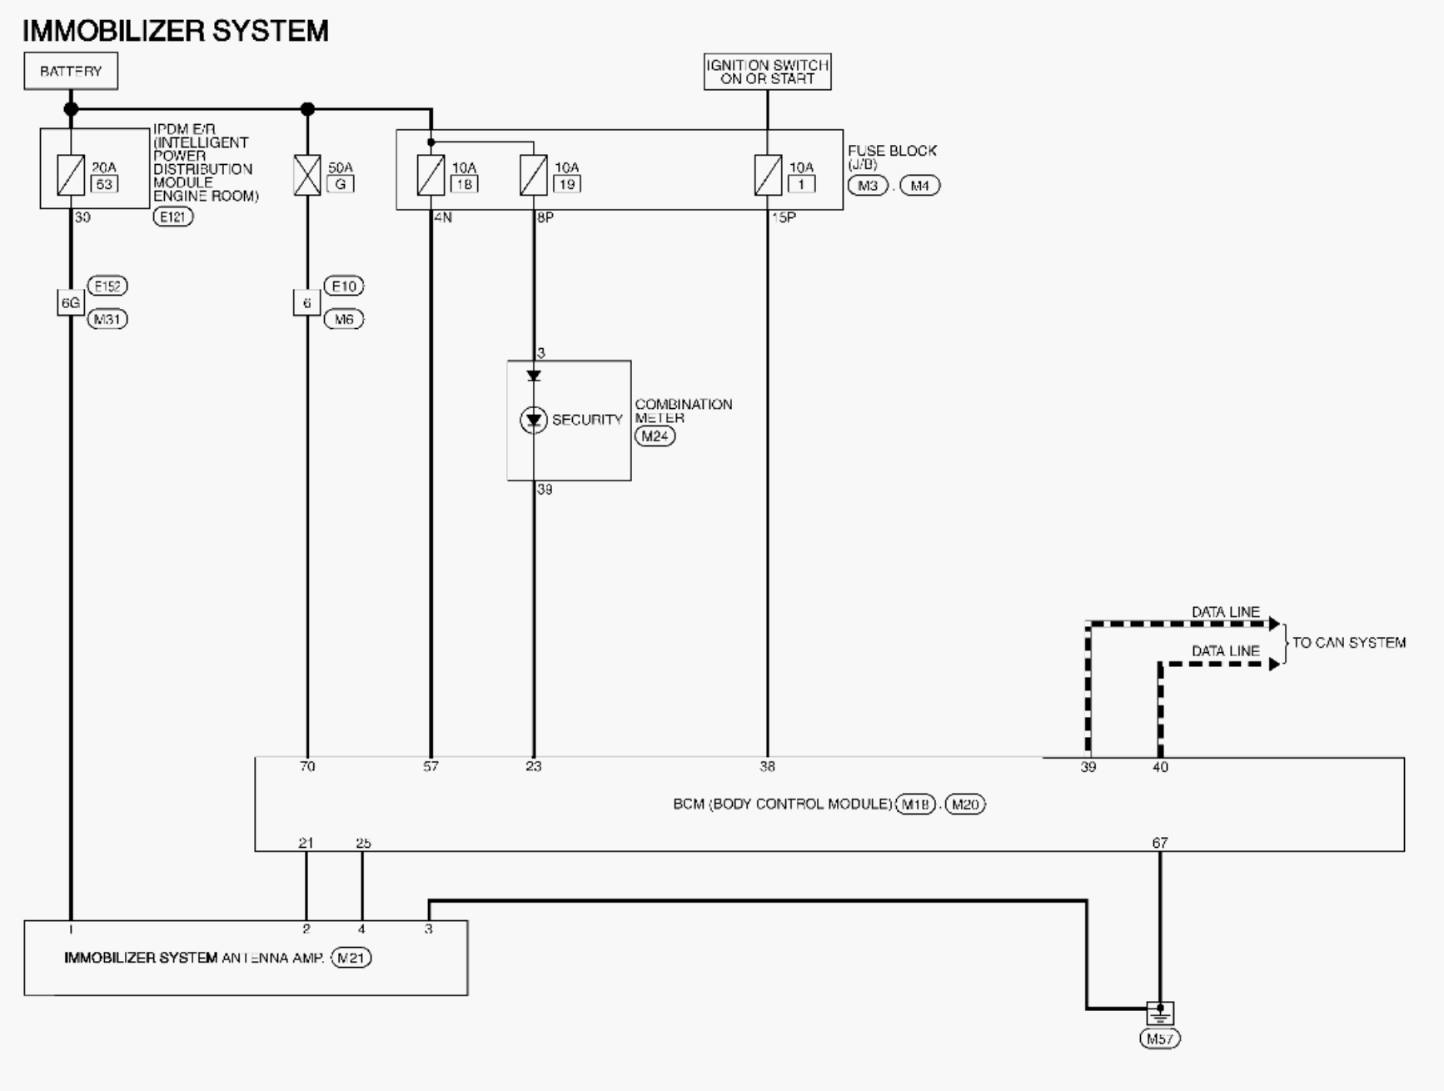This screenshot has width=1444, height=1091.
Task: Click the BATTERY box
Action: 71,71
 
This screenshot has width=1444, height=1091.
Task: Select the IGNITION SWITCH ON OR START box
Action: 767,72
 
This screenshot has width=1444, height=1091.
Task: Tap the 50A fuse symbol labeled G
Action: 307,176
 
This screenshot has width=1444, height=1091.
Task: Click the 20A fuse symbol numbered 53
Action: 71,176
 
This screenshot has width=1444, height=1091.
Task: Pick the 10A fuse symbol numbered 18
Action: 431,176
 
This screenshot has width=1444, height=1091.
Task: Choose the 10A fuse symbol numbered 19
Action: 534,176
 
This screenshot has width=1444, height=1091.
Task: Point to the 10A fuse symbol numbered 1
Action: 768,176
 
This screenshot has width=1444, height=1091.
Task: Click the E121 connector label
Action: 173,217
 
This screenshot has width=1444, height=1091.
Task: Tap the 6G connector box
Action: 71,302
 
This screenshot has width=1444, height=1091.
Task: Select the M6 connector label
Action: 344,319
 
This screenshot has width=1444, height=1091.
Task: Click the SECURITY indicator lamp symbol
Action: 534,420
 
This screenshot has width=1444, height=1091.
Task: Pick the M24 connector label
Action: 655,436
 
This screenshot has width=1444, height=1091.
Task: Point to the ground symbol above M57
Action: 1160,1014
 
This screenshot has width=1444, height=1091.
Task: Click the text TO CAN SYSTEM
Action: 1349,643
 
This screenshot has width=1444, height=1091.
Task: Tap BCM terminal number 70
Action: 307,766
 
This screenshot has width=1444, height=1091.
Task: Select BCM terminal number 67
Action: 1160,843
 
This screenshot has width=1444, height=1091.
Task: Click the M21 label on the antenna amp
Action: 351,958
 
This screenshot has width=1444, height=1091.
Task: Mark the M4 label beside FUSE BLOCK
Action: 919,186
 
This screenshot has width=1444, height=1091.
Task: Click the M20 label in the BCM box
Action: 965,805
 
